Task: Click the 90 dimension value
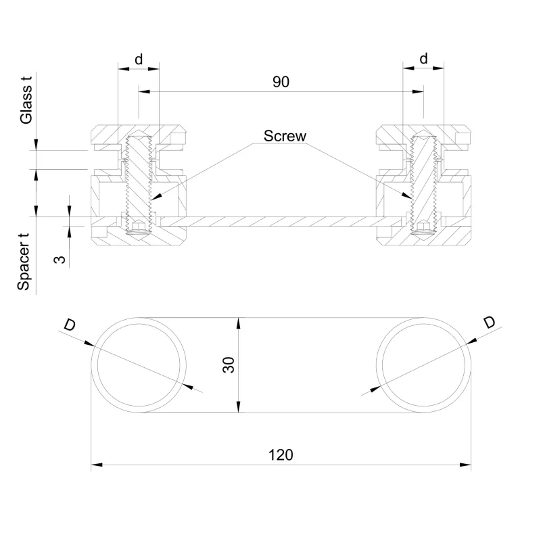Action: (281, 82)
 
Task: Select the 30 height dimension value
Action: (229, 365)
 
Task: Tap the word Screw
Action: (285, 136)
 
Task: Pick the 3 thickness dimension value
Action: (60, 258)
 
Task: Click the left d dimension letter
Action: (139, 59)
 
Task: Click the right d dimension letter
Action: (423, 59)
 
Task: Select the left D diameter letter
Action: (70, 325)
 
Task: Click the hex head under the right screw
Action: (423, 228)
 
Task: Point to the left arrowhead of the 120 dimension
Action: (95, 465)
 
